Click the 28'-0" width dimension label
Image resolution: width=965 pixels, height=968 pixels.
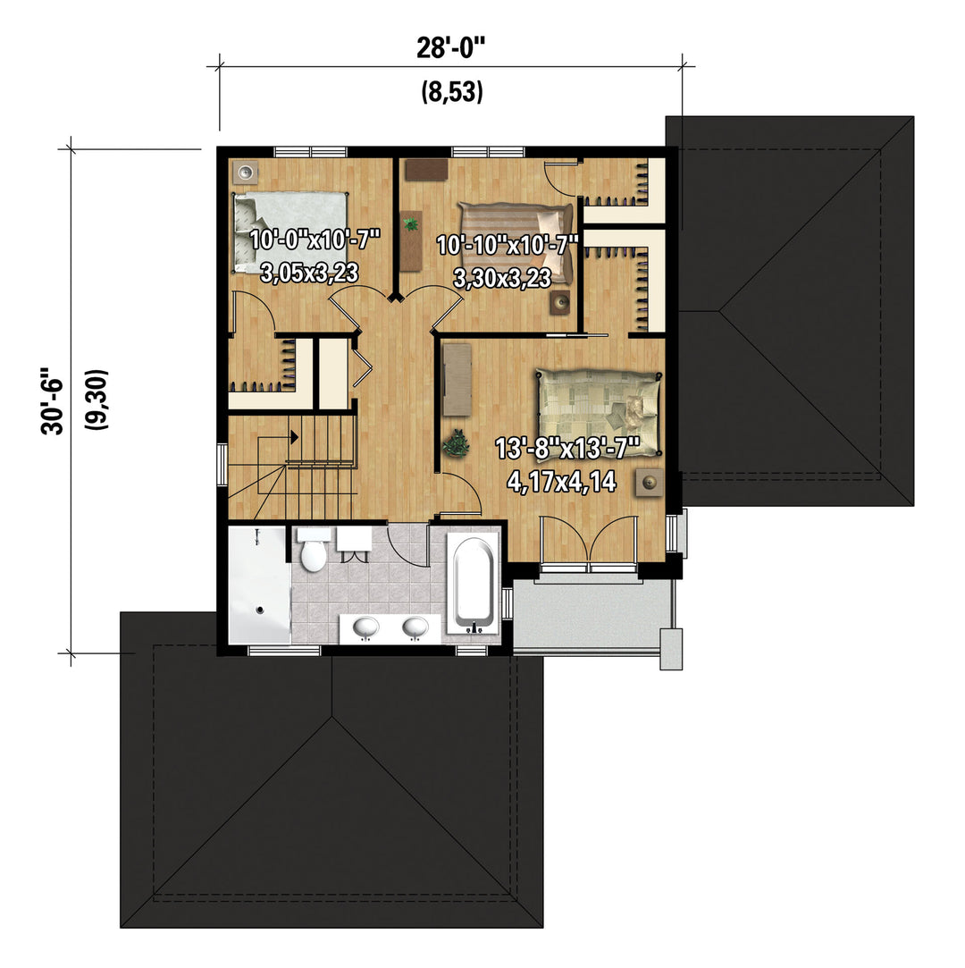[451, 47]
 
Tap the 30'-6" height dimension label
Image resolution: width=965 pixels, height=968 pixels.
[53, 402]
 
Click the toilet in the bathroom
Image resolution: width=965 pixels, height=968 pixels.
[313, 549]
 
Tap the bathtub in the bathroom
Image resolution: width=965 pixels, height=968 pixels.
[474, 585]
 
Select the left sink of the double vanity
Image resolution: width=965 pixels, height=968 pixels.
[365, 627]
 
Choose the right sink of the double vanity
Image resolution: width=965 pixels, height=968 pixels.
[415, 627]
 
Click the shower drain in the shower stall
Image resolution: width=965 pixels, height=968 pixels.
[260, 610]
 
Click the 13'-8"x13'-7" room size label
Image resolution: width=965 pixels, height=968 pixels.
[567, 448]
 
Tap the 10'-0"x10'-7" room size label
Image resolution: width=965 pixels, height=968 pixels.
[314, 239]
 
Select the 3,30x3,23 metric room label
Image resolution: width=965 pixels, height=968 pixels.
[502, 279]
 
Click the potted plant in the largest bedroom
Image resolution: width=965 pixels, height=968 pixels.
[456, 443]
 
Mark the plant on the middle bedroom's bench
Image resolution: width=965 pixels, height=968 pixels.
[410, 223]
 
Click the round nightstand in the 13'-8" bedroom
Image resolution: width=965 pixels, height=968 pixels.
[650, 482]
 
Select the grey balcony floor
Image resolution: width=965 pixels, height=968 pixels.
[593, 613]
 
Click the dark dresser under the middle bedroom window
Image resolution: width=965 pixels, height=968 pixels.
[426, 170]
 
